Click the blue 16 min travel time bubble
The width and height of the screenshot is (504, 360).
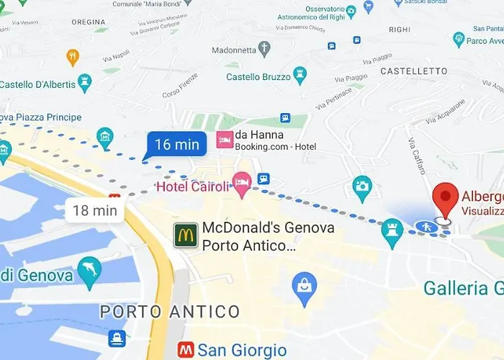[176, 144]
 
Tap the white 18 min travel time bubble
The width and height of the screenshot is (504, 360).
[95, 210]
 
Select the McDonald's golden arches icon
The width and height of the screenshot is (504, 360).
[186, 235]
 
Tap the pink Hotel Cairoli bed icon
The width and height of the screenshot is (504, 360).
[242, 184]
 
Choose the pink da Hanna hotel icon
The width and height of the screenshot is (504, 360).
[225, 139]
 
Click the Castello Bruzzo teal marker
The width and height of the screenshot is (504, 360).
[300, 74]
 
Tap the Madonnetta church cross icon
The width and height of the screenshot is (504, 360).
[264, 49]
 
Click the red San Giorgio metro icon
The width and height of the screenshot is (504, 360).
[186, 351]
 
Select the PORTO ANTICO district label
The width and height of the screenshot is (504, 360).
[170, 312]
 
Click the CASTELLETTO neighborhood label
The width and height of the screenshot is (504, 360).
[414, 71]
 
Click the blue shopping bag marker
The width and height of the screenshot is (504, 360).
[305, 286]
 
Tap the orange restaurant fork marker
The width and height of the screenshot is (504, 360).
[72, 56]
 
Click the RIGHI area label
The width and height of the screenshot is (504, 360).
[399, 30]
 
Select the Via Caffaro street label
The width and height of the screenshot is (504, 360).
[418, 156]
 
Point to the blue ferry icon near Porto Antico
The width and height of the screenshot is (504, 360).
[117, 338]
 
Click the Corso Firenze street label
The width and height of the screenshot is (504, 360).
[181, 85]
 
